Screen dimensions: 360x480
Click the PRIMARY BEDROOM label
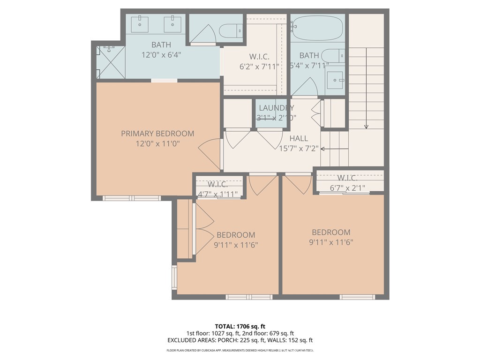coord(157,134)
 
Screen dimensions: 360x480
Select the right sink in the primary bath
coord(172,24)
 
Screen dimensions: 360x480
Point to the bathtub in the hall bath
coord(318,28)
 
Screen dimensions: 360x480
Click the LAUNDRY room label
coord(277,108)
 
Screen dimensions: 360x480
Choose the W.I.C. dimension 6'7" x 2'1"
coord(347,188)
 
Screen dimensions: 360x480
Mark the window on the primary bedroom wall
coord(132,198)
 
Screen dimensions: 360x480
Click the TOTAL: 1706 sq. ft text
coord(240,326)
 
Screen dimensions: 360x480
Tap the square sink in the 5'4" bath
coord(335,80)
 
